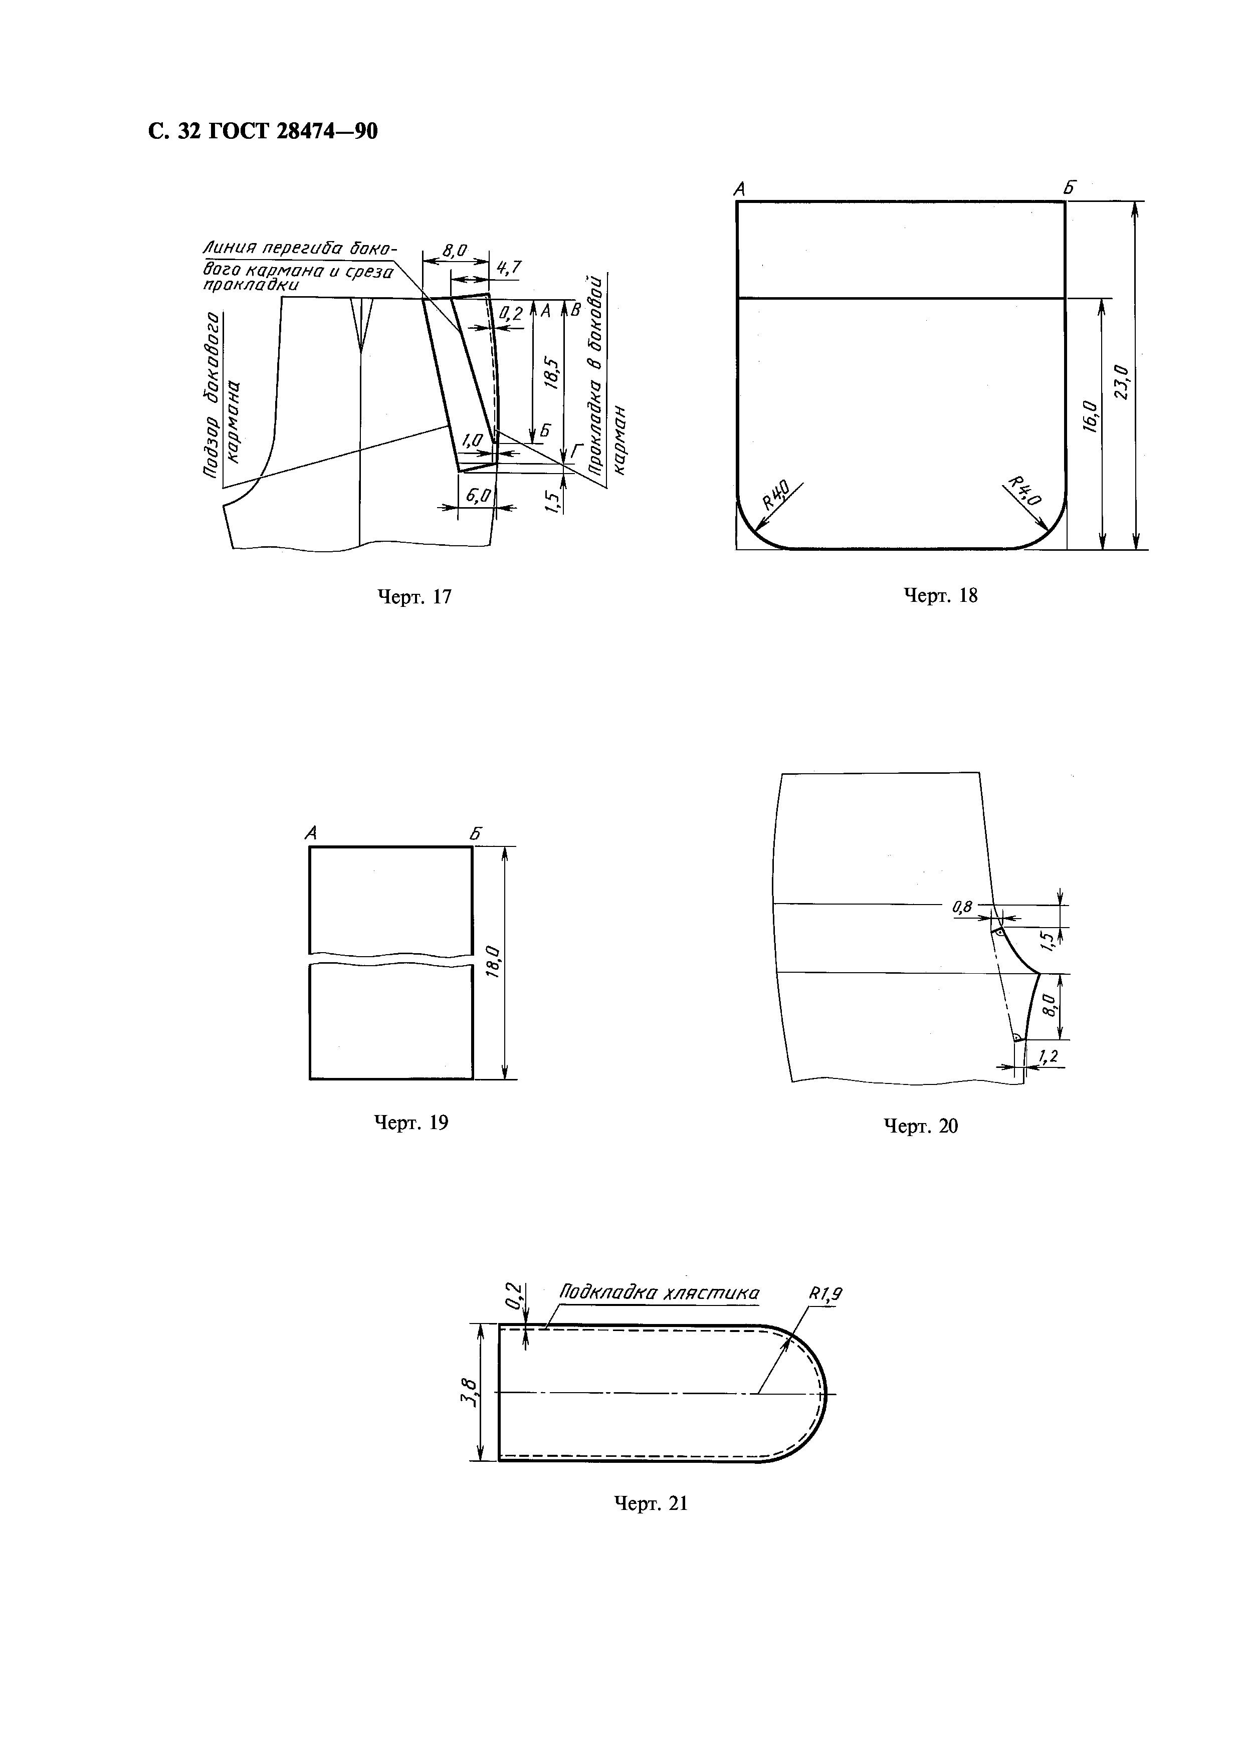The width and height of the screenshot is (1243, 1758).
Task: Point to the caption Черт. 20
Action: [921, 1126]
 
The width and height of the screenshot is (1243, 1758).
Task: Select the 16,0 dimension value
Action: [1090, 416]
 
